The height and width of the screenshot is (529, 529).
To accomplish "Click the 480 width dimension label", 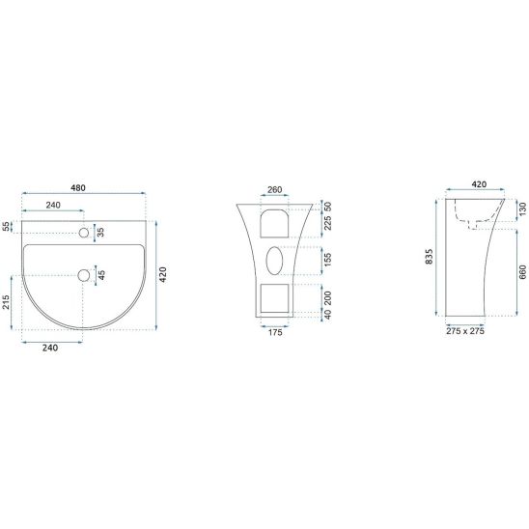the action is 78,188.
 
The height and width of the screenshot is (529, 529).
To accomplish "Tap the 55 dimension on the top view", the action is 7,227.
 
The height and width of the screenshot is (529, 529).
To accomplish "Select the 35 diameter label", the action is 100,233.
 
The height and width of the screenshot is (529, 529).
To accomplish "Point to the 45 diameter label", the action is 101,275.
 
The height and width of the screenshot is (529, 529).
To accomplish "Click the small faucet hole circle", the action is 84,233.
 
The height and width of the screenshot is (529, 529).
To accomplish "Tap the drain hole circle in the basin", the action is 84,275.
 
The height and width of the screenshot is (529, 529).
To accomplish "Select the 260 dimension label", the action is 274,189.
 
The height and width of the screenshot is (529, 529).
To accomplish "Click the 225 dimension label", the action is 327,223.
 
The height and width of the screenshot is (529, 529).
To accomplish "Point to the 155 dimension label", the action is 327,260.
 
